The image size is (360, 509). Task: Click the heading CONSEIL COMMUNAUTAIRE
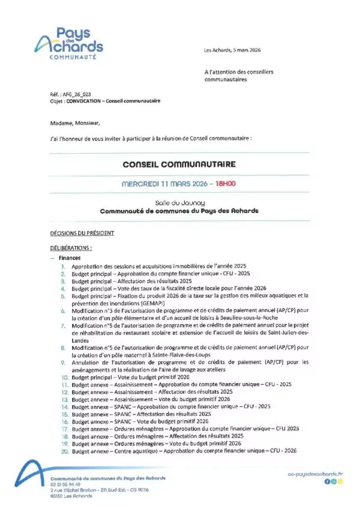pyautogui.click(x=179, y=164)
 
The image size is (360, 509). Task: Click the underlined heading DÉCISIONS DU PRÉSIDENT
pyautogui.click(x=82, y=233)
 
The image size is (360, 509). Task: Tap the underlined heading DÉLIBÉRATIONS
pyautogui.click(x=71, y=247)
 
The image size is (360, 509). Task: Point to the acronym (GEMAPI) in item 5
pyautogui.click(x=136, y=303)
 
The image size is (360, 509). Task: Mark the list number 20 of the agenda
pyautogui.click(x=63, y=451)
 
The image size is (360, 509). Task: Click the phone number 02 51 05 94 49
pyautogui.click(x=65, y=484)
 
